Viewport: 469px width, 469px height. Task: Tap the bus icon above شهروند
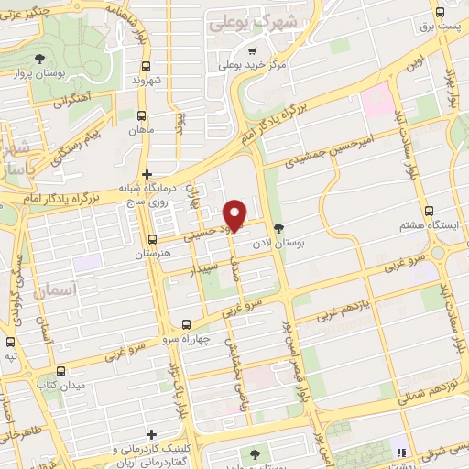(147, 66)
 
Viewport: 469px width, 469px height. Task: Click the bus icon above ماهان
(142, 116)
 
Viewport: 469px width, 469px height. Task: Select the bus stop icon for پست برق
(442, 13)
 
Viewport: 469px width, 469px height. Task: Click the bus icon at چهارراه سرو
(187, 324)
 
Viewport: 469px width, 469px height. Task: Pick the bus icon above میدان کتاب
(60, 371)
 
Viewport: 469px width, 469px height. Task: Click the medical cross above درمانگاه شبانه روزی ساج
(147, 174)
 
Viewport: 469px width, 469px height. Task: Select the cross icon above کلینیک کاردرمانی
(152, 434)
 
